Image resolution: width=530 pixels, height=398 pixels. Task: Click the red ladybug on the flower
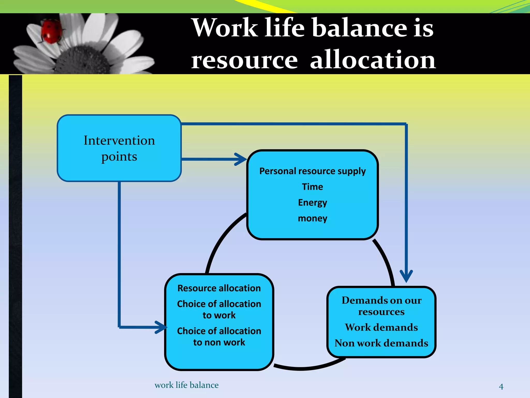tap(51, 32)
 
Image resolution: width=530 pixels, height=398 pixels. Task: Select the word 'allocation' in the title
tap(373, 60)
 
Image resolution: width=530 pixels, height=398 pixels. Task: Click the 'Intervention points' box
tap(119, 148)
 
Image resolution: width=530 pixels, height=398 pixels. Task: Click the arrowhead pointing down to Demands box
tap(406, 276)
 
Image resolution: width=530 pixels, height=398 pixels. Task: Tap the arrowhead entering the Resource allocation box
tap(161, 327)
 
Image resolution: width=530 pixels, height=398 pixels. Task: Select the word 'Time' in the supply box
tap(312, 187)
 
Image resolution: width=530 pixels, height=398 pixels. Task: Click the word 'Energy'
tap(312, 203)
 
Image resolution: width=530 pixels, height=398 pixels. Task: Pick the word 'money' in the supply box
tap(312, 218)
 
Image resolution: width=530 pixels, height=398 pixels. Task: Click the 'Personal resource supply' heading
tap(312, 171)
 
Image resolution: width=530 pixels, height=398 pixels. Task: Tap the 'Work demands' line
tap(381, 327)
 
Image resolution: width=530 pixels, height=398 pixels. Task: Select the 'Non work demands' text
tap(381, 343)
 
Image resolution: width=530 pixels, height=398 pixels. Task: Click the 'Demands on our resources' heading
tap(381, 306)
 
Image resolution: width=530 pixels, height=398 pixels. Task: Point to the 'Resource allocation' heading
tap(219, 288)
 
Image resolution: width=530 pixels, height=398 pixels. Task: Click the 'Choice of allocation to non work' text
tap(219, 337)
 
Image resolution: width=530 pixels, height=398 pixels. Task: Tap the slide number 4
tap(501, 387)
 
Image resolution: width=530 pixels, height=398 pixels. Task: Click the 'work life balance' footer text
tap(186, 385)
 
